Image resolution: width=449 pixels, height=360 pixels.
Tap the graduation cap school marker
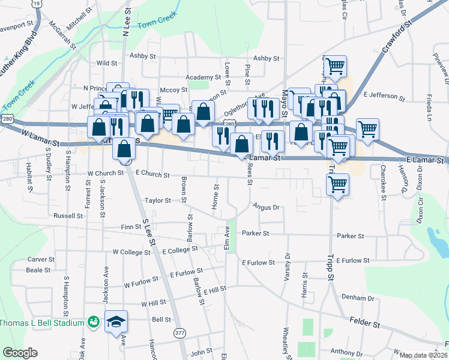[116, 322]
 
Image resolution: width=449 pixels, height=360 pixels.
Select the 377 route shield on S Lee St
[179, 332]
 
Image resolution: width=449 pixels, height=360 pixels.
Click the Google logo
[20, 353]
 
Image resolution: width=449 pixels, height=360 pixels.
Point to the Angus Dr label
[266, 207]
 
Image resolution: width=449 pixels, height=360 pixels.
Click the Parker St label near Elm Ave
[256, 233]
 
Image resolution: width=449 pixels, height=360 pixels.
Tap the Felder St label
[366, 325]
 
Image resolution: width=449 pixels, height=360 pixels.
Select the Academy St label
[203, 77]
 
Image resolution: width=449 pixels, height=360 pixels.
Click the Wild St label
[106, 62]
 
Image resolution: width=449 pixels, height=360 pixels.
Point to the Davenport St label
[17, 27]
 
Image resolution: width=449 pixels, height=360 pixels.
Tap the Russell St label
[68, 215]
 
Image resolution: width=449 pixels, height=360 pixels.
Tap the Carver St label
[41, 260]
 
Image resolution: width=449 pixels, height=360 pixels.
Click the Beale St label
[38, 270]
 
